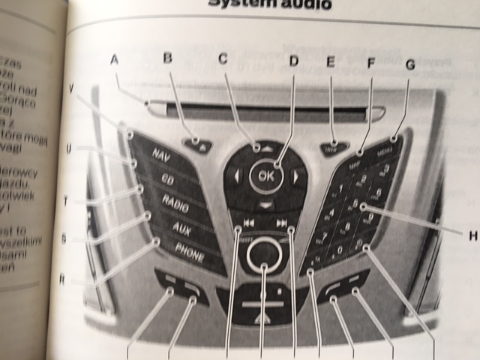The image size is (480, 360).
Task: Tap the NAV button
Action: point(160,156)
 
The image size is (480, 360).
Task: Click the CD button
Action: point(167,178)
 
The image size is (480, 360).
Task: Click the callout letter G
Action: point(409,64)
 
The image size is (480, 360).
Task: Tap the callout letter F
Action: point(370,64)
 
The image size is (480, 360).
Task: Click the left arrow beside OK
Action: point(237,178)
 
